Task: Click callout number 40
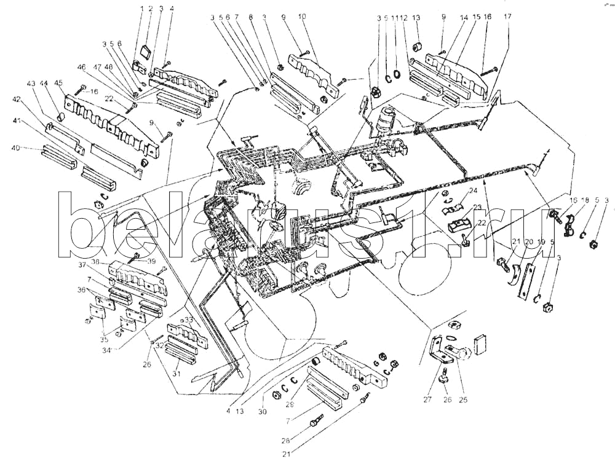tap(34, 147)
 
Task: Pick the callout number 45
tap(60, 84)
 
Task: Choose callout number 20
tap(529, 242)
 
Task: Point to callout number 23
tap(478, 208)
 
